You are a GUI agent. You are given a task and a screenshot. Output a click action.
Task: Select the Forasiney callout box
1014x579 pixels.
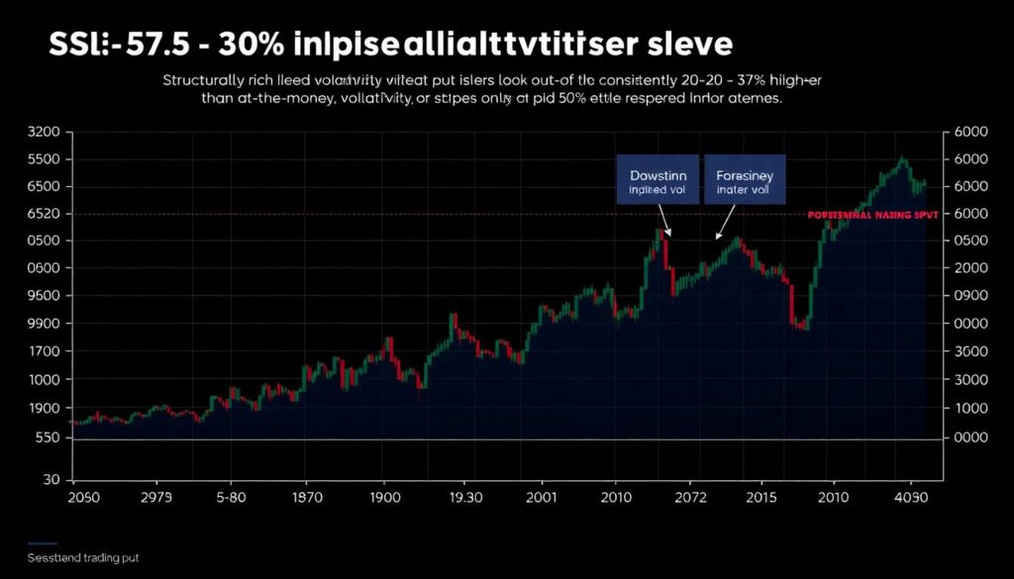tap(745, 178)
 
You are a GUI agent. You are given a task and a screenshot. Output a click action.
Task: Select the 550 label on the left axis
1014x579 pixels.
tap(46, 437)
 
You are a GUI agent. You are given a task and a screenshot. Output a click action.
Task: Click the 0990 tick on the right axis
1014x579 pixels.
tap(969, 296)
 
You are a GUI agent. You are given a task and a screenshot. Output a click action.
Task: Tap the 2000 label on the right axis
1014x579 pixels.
tap(969, 268)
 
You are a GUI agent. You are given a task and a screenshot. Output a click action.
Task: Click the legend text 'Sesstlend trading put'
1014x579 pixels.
tap(83, 558)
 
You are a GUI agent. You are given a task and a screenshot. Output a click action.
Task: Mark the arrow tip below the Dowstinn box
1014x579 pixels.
tap(670, 236)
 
